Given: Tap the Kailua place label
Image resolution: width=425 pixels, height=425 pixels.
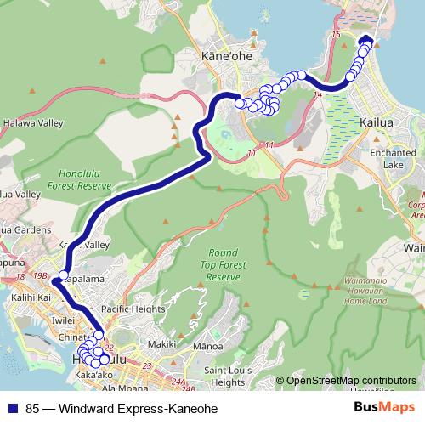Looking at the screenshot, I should (377, 123).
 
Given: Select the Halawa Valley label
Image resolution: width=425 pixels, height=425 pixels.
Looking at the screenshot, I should (31, 123).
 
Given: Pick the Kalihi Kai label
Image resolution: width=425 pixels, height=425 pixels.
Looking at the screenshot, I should (28, 298).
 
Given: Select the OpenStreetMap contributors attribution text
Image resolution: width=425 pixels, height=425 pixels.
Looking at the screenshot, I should (351, 380).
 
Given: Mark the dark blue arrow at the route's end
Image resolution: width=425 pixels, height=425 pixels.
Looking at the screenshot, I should (366, 40).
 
